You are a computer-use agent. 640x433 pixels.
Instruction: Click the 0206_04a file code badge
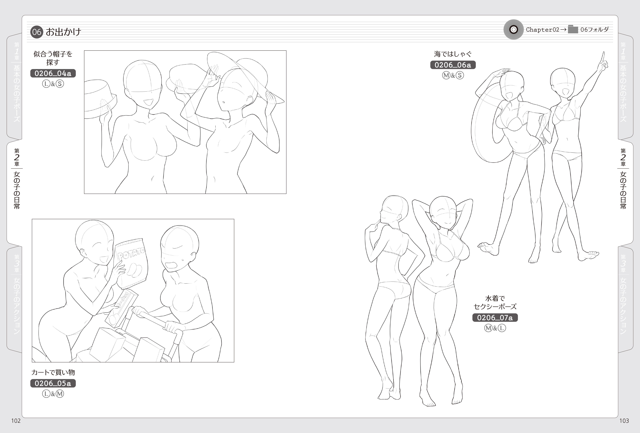[x=53, y=73]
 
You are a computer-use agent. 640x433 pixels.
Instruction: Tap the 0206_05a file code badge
[x=53, y=383]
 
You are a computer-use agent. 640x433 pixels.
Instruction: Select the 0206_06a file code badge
[x=453, y=65]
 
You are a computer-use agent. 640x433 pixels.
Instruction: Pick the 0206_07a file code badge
[x=495, y=318]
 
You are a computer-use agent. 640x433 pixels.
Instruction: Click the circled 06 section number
[x=37, y=32]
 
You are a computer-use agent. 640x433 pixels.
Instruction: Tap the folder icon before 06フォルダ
[x=573, y=29]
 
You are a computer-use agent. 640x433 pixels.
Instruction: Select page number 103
[x=624, y=421]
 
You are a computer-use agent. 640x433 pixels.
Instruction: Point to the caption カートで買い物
[x=53, y=372]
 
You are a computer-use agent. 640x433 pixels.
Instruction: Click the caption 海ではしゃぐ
[x=453, y=54]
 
